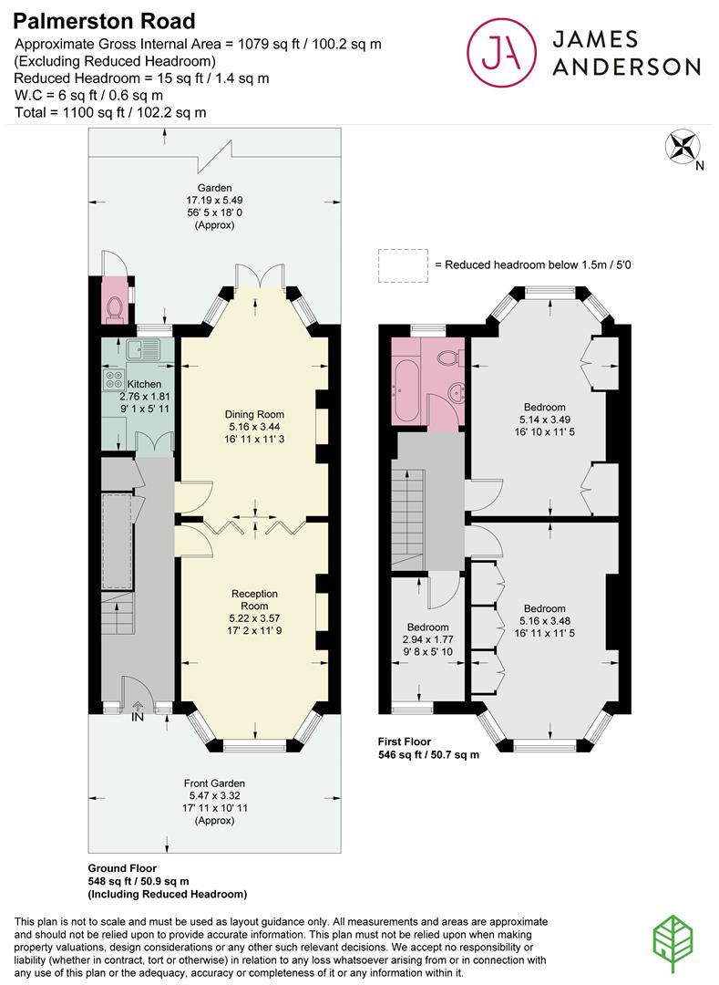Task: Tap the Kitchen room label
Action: click(x=144, y=384)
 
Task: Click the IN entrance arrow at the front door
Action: click(x=138, y=709)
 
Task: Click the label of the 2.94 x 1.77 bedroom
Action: click(x=427, y=627)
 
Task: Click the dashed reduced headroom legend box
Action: click(x=402, y=264)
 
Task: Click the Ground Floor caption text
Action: click(x=122, y=867)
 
